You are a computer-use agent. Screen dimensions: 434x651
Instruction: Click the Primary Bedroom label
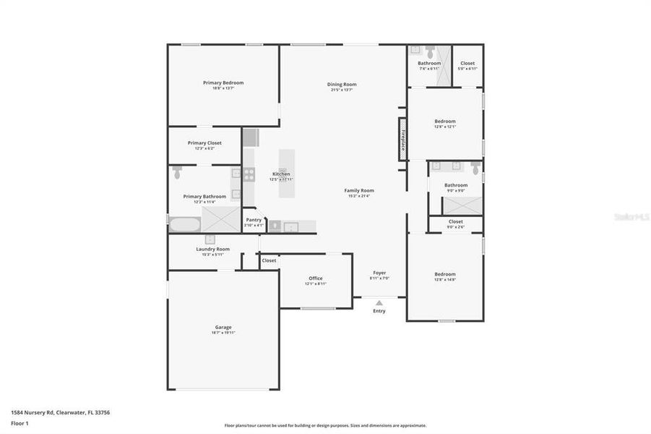[x=223, y=82]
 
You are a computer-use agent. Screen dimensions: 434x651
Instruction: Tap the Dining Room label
[x=342, y=85]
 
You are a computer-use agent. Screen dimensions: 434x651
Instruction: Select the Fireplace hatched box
[x=402, y=139]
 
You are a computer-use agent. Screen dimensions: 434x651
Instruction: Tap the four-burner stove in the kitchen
[x=249, y=174]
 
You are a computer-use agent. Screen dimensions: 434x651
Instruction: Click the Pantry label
[x=254, y=220]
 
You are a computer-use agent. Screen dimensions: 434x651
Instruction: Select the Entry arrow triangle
[x=379, y=303]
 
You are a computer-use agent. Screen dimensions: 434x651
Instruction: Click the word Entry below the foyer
[x=379, y=311]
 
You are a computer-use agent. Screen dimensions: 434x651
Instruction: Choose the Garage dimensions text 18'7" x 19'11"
[x=223, y=333]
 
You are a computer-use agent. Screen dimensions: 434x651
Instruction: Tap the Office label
[x=316, y=278]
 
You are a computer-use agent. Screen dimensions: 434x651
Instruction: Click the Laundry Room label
[x=212, y=249]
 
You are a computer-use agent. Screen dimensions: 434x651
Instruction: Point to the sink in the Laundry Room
[x=210, y=239]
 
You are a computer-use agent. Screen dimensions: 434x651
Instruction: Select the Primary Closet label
[x=204, y=142]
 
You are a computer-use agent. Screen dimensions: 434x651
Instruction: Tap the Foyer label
[x=379, y=273]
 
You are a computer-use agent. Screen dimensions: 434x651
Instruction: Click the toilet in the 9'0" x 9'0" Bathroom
[x=475, y=169]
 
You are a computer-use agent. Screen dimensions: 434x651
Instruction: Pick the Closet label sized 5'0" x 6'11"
[x=467, y=63]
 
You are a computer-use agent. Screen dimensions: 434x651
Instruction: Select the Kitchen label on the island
[x=281, y=174]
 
